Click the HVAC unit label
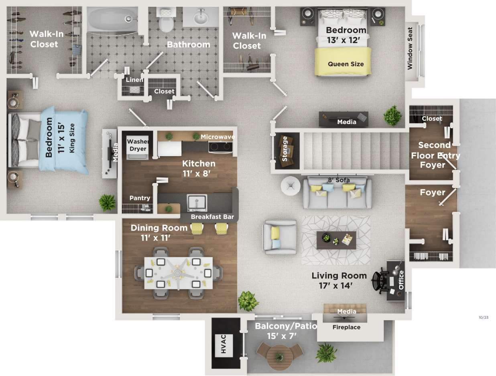click(224, 345)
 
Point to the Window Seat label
click(410, 49)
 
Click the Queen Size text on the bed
click(346, 64)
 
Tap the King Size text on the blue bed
click(73, 138)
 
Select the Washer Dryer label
click(138, 145)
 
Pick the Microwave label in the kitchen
click(218, 137)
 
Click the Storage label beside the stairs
click(285, 149)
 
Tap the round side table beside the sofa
click(291, 186)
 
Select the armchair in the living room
click(279, 237)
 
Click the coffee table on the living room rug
click(336, 240)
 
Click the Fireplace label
click(346, 327)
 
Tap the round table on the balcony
click(278, 356)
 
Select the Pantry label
click(140, 198)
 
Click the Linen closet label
click(134, 80)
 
